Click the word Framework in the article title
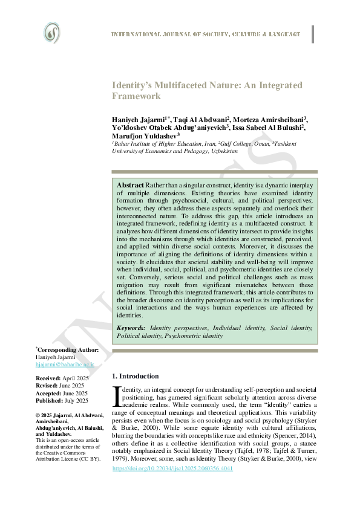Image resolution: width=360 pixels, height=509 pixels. tap(137, 96)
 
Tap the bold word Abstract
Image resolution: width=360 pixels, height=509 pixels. tap(130, 184)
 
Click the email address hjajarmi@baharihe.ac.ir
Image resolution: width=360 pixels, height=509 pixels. tap(62, 365)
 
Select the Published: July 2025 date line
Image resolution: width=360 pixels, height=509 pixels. tap(62, 401)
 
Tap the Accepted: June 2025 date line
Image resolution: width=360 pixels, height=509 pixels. tap(62, 393)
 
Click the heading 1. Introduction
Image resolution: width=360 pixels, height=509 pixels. tap(136, 376)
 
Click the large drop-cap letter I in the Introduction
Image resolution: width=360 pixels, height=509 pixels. tap(118, 397)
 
